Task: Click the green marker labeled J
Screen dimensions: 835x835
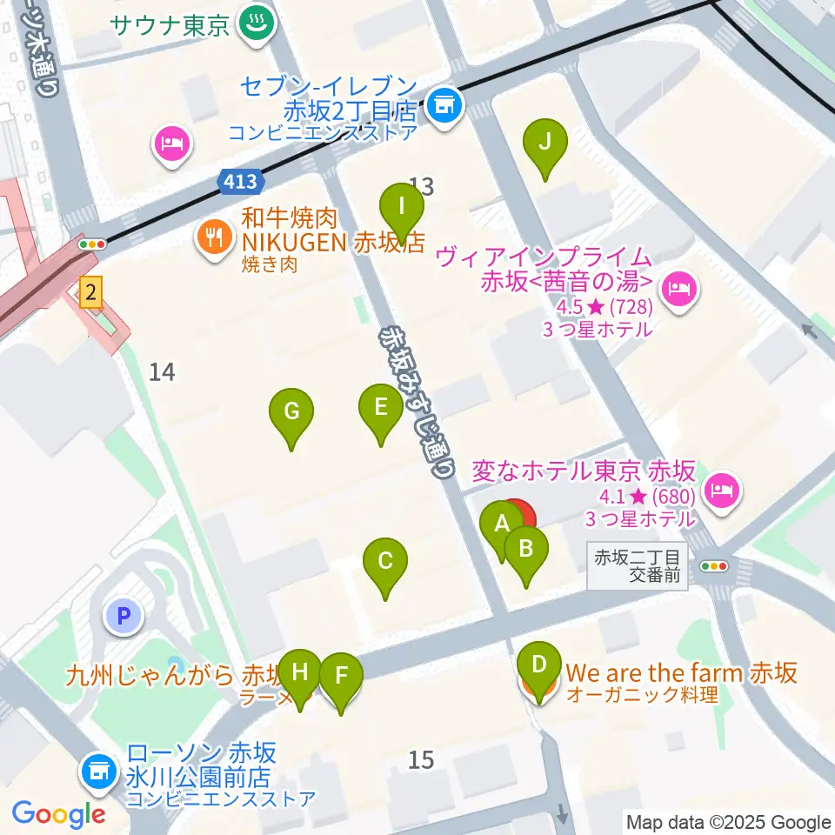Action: click(x=544, y=143)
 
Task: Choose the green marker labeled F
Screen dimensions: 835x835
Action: click(x=341, y=677)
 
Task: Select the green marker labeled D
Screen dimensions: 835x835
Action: click(x=539, y=667)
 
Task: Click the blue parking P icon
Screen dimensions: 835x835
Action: click(x=124, y=618)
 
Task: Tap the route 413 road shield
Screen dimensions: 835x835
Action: click(x=239, y=182)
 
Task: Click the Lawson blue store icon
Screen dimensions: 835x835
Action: click(x=98, y=770)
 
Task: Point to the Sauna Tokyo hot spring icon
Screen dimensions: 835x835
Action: click(x=255, y=22)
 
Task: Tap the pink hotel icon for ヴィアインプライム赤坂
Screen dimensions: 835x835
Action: click(x=678, y=288)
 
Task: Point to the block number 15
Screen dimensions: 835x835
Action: click(x=421, y=759)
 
